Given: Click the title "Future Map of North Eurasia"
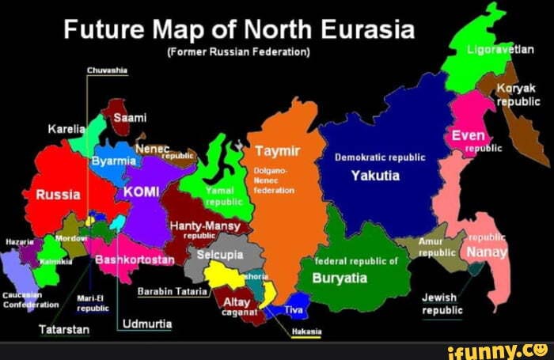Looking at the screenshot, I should coord(238,31).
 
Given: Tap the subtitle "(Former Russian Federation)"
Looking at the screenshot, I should coord(238,52).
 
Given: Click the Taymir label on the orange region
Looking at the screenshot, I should coord(275,152).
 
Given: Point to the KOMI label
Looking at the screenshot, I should coord(142,192).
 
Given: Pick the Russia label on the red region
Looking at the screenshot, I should coord(58,195).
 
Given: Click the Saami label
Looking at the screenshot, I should coord(131,118).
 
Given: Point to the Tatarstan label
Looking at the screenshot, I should coord(64,328).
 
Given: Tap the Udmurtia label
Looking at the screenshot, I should coord(148,324).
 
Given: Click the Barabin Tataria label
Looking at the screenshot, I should coord(173,291).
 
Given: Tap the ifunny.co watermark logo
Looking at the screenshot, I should coord(493,350).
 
